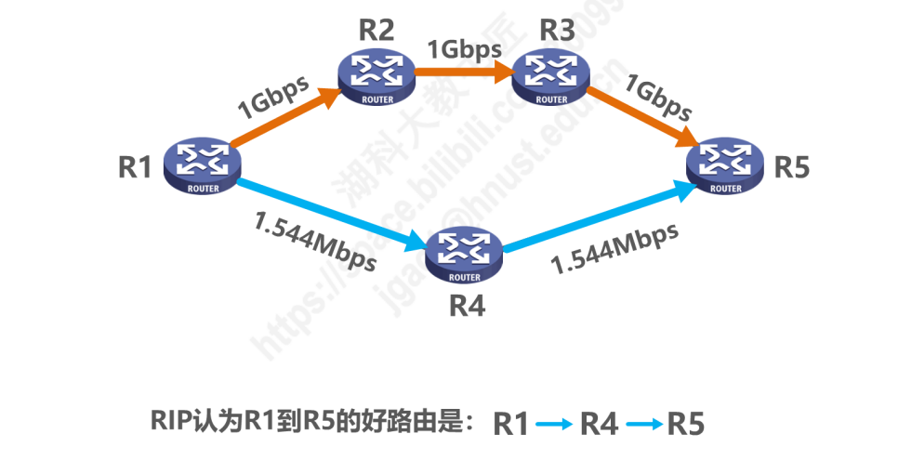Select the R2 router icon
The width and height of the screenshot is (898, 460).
(376, 75)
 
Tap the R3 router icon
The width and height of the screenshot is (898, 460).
(552, 75)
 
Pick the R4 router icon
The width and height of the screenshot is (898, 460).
(464, 254)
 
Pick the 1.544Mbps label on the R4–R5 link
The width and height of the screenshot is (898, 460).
(614, 248)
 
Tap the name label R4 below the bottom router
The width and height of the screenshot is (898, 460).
(464, 304)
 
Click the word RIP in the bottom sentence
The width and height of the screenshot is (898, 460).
(168, 424)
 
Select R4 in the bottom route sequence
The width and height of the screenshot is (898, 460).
(599, 425)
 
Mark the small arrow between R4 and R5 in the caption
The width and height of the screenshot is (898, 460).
(644, 425)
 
